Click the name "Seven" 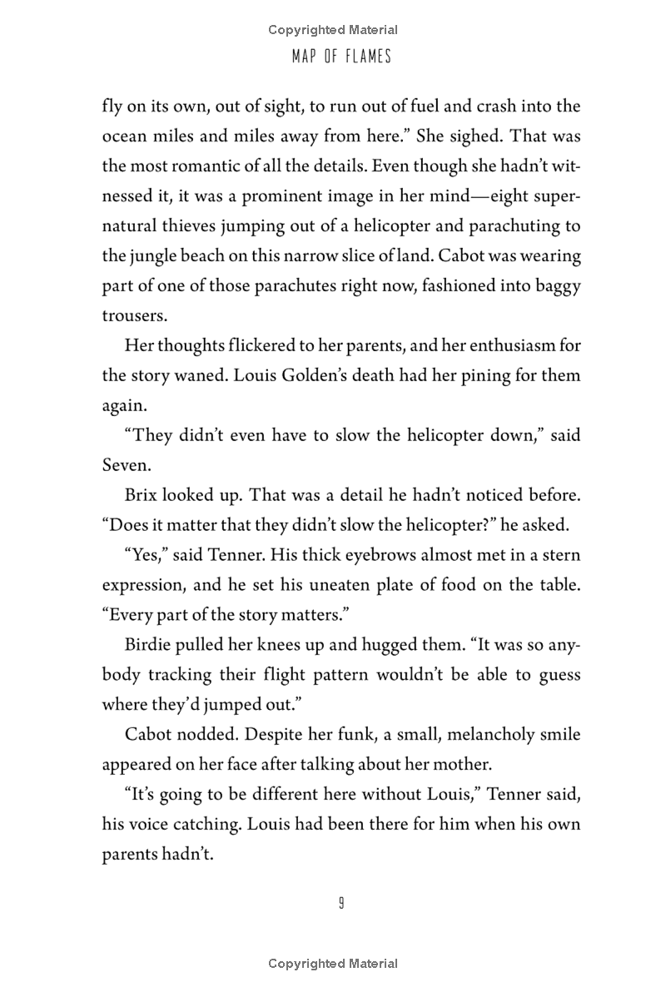click(124, 465)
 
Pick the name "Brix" click(142, 495)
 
